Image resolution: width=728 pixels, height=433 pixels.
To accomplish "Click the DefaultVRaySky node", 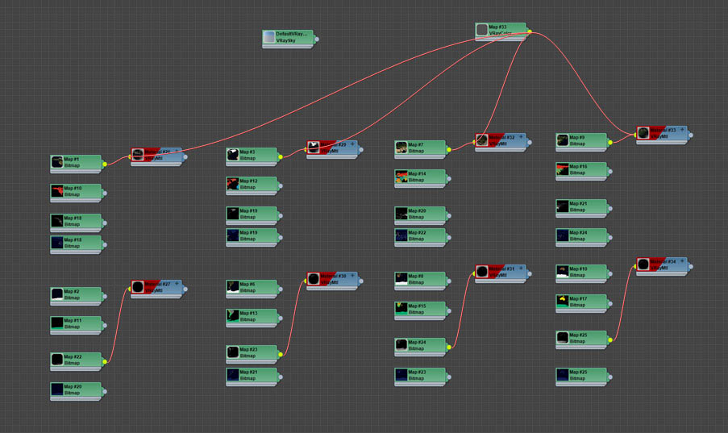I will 287,37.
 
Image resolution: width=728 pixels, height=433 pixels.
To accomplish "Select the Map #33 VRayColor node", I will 501,30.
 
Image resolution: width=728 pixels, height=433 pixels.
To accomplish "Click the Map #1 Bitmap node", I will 77,162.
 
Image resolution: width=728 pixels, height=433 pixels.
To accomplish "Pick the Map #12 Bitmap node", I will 252,185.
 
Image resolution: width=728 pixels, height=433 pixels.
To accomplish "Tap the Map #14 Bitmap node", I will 421,177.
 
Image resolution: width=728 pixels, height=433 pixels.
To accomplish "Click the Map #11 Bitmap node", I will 77,323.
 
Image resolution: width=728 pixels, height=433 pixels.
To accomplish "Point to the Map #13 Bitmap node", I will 252,316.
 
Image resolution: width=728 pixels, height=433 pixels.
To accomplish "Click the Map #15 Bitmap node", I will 421,309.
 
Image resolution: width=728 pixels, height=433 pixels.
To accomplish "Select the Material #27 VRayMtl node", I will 157,287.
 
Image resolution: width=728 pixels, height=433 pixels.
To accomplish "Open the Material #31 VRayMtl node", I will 501,272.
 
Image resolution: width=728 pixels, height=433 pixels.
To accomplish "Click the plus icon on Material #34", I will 682,261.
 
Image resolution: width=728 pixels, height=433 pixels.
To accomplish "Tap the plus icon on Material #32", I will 521,137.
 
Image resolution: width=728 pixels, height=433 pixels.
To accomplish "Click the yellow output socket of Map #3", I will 281,156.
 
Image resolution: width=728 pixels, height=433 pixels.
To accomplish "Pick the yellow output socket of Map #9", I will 610,142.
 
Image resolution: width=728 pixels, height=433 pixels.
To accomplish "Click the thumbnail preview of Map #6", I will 233,287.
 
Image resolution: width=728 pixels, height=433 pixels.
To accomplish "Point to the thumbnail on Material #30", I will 314,279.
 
